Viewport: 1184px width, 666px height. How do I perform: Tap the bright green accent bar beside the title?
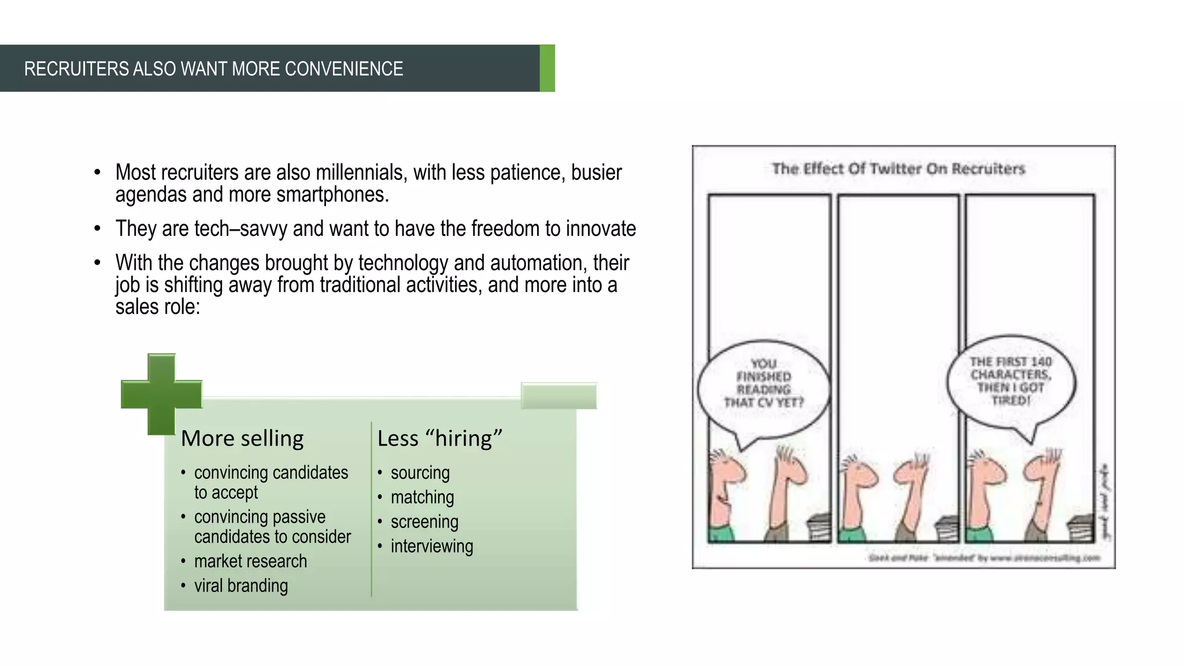(547, 68)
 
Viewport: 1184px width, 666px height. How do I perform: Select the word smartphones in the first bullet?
(331, 194)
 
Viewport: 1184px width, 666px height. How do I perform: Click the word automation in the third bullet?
(538, 262)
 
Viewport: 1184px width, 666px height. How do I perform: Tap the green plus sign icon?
(161, 394)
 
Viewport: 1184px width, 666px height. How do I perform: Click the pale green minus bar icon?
(558, 395)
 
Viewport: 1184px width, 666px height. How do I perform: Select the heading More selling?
(242, 438)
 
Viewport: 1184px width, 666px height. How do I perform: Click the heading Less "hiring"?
(439, 438)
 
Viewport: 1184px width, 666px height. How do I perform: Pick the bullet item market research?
(250, 561)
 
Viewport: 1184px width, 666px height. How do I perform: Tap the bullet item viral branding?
(241, 586)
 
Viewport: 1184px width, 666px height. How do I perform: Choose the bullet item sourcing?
(420, 473)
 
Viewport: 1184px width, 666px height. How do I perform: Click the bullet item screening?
(424, 521)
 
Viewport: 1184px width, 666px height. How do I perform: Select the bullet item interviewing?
(431, 546)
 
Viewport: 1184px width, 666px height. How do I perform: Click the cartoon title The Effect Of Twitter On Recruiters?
(898, 169)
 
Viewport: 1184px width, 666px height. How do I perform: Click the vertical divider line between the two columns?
(371, 509)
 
